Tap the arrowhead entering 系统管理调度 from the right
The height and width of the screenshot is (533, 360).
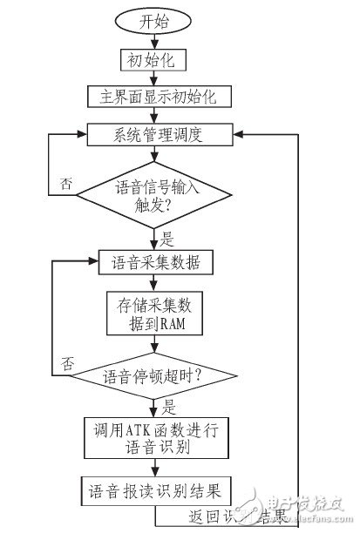(239, 133)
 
